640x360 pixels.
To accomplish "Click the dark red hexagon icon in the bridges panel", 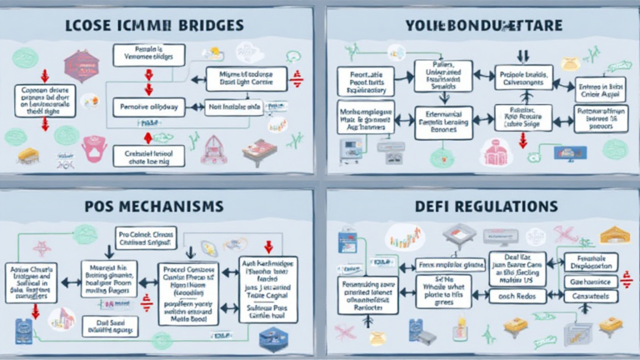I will click(81, 63).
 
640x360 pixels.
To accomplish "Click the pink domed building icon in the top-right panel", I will click(496, 152).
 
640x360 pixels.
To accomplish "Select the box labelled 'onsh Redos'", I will click(514, 297).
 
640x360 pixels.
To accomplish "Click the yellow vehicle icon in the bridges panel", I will click(27, 155).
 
